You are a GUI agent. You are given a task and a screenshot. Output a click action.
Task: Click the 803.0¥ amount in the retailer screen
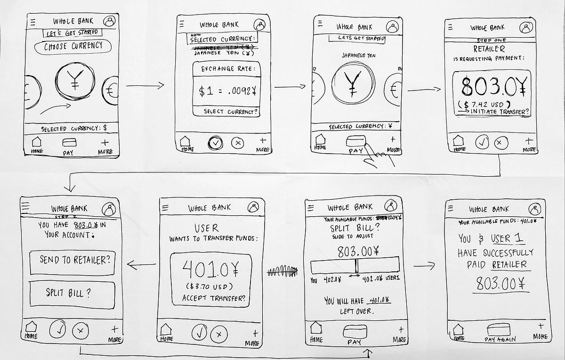click(492, 86)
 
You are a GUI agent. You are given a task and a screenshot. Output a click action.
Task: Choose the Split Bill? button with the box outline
click(72, 293)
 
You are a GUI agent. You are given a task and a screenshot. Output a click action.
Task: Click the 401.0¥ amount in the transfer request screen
click(207, 270)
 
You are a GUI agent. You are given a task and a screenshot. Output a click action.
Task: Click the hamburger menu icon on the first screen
click(32, 22)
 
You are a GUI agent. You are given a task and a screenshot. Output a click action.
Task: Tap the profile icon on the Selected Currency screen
click(259, 25)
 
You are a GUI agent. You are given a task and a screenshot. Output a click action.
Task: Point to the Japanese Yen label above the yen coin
click(359, 56)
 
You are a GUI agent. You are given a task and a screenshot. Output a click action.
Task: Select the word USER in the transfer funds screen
click(206, 228)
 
